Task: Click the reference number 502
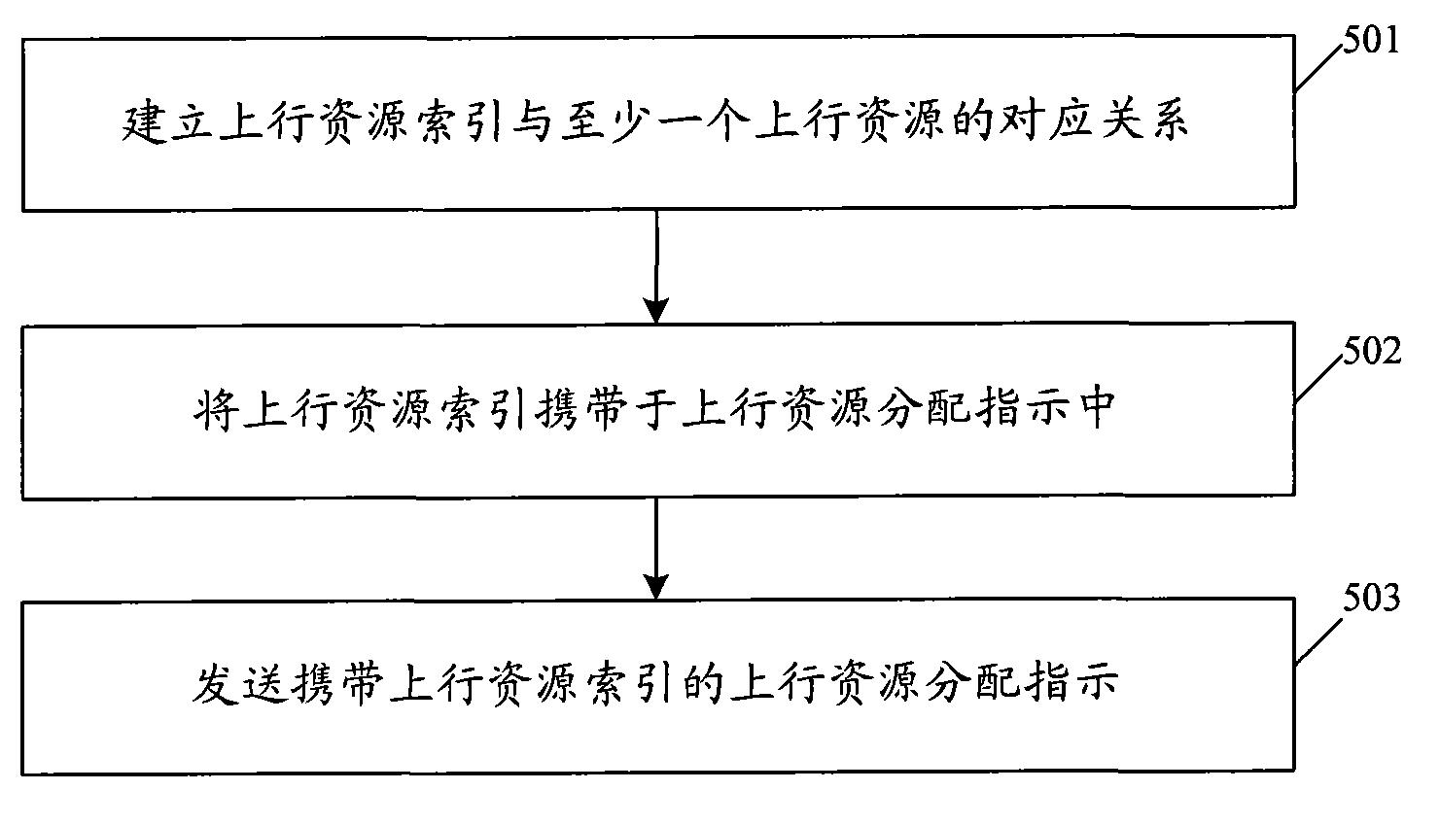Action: pos(1371,351)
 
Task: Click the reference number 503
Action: pos(1371,599)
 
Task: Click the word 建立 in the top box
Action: pos(170,124)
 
